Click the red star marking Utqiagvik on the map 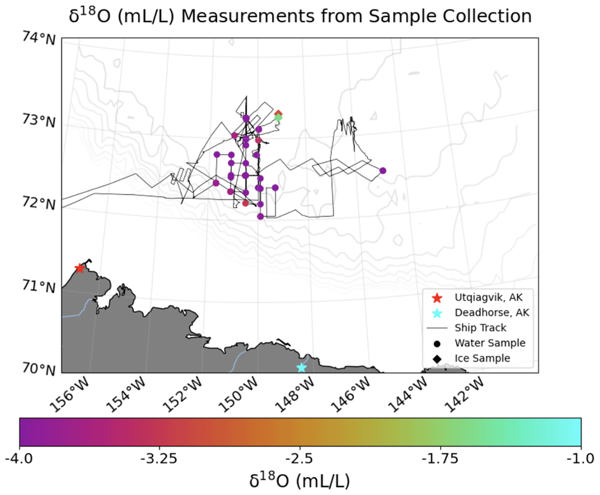80,268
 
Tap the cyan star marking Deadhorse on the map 301,367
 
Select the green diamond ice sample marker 278,118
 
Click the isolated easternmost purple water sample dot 383,171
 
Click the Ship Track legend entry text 480,328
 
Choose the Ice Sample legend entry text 482,358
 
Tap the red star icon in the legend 437,297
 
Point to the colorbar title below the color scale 300,480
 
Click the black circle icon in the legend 437,343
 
